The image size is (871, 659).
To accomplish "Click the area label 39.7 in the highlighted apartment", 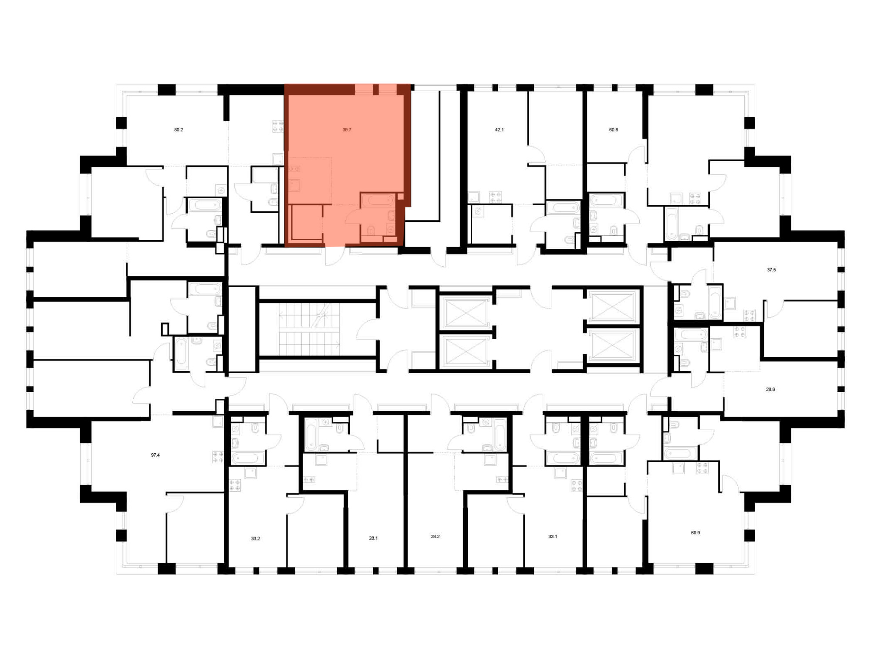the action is [x=347, y=130].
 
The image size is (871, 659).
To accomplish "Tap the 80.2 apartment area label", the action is [x=179, y=130].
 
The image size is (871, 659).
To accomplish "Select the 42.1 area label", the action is [x=499, y=130].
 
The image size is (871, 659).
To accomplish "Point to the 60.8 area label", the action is [x=613, y=130].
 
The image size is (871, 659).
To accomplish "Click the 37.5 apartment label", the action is [x=771, y=270].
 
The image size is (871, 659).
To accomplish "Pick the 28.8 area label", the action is [x=770, y=390].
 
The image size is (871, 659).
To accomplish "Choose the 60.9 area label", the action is [x=695, y=533].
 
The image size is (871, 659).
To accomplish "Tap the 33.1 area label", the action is [x=553, y=537].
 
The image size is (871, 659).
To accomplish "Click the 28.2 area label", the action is [x=435, y=537].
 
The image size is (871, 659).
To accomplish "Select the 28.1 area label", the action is [x=373, y=538].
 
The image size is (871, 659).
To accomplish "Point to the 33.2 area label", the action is [x=255, y=539].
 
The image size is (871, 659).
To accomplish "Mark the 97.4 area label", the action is [x=155, y=455].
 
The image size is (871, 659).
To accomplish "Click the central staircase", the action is [x=309, y=329].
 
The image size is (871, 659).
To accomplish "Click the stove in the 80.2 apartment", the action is [x=278, y=126].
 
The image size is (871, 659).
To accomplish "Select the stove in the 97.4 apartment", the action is [x=218, y=457].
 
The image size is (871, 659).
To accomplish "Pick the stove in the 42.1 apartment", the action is [x=495, y=197].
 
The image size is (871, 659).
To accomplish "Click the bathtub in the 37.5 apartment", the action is [x=716, y=302].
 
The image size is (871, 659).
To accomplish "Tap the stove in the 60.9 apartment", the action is [x=702, y=469].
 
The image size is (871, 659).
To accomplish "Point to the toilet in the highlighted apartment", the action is [x=371, y=231].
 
